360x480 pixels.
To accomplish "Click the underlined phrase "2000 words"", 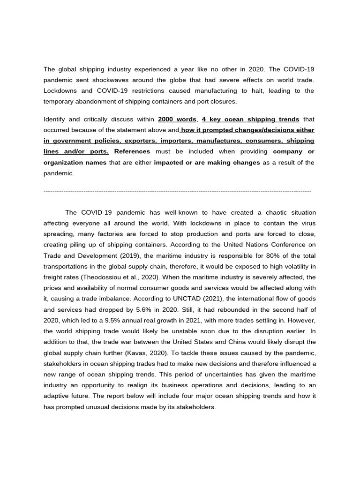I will [177, 119].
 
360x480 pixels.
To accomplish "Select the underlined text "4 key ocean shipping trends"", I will [250, 119].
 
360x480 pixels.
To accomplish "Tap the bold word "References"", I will [132, 151].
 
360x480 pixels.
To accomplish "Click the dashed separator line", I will [177, 191].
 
